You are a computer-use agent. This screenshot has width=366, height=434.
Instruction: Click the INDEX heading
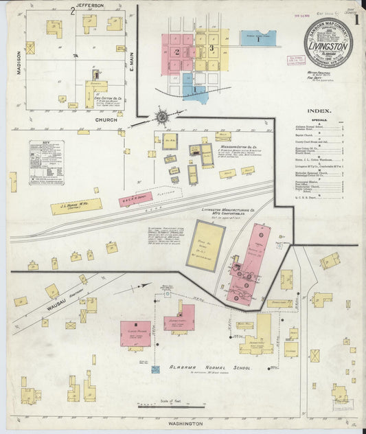(319, 111)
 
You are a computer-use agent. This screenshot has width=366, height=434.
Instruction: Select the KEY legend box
(47, 161)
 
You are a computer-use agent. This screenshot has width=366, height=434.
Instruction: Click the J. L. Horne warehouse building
(76, 205)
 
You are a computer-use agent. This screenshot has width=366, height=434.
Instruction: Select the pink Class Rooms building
(136, 333)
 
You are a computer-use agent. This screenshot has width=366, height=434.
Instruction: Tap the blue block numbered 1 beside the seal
(258, 38)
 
